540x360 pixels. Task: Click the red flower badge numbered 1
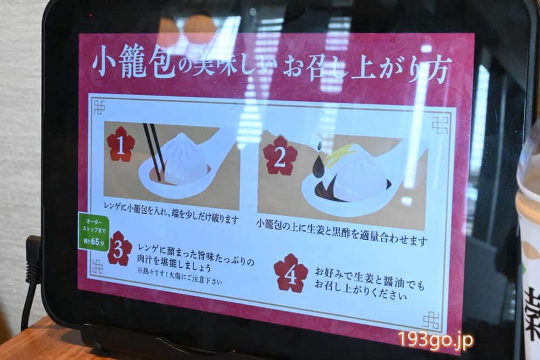[120, 144]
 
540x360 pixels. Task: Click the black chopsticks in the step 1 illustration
[154, 152]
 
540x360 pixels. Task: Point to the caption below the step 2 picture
[342, 232]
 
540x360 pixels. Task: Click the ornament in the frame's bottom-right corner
[431, 321]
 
